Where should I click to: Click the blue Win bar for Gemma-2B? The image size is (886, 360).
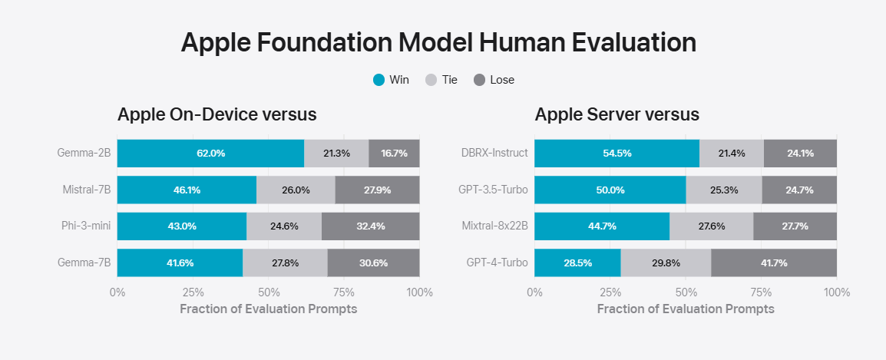pos(210,154)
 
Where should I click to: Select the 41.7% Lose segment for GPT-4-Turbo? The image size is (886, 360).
pos(774,263)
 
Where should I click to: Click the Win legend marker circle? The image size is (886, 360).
pos(379,80)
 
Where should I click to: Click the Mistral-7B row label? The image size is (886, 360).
pos(87,190)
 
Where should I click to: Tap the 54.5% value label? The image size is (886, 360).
pos(617,154)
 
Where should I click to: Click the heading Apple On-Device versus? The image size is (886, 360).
pos(217,115)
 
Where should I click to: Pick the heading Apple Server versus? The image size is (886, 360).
pos(617,115)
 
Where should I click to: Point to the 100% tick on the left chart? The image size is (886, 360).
pos(419,292)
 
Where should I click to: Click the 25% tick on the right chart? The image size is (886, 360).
pos(610,292)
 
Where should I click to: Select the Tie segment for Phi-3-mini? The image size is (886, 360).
pos(284,226)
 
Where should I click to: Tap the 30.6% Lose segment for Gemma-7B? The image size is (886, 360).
pos(373,263)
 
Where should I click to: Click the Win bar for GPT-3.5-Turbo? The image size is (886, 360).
pos(610,190)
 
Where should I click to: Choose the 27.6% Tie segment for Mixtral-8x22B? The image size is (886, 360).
pos(712,226)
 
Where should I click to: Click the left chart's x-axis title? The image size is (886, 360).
pos(268,309)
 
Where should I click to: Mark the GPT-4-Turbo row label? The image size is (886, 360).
pos(498,263)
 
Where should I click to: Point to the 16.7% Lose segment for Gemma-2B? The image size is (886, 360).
pos(394,154)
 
